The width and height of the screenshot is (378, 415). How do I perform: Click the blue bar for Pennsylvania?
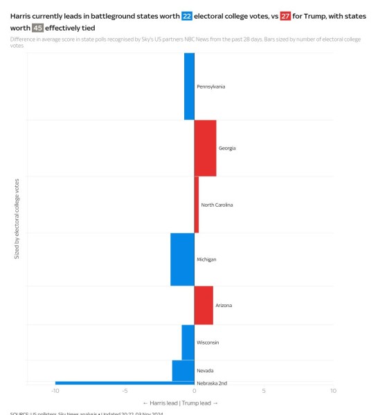pos(189,86)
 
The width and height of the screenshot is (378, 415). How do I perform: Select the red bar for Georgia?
pos(205,148)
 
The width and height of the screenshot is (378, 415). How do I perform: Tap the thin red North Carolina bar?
pos(197,205)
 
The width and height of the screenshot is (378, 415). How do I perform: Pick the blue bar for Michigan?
pos(182,259)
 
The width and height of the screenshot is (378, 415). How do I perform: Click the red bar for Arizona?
pos(204,305)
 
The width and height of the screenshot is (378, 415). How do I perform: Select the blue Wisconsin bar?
pos(188,342)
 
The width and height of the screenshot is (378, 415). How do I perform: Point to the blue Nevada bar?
pos(183,371)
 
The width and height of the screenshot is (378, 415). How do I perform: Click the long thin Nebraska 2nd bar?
pos(125,382)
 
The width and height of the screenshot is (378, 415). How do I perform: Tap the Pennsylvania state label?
pos(210,86)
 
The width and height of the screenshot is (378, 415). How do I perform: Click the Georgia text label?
pos(227,148)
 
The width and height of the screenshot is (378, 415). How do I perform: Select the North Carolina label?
pos(217,205)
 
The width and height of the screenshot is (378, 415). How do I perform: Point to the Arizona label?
pos(224,305)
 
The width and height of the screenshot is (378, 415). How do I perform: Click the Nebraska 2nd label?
pos(212,383)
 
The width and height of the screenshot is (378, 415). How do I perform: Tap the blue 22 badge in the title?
pos(187,15)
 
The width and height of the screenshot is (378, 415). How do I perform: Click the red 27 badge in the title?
pos(285,15)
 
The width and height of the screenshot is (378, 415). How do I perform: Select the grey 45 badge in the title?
pos(37,28)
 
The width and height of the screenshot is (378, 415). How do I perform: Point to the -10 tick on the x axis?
pos(55,390)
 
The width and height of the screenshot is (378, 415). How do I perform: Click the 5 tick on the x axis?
pos(264,390)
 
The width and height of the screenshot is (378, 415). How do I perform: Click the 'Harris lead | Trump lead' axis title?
pos(180,403)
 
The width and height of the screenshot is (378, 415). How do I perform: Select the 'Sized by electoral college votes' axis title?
pos(17,219)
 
